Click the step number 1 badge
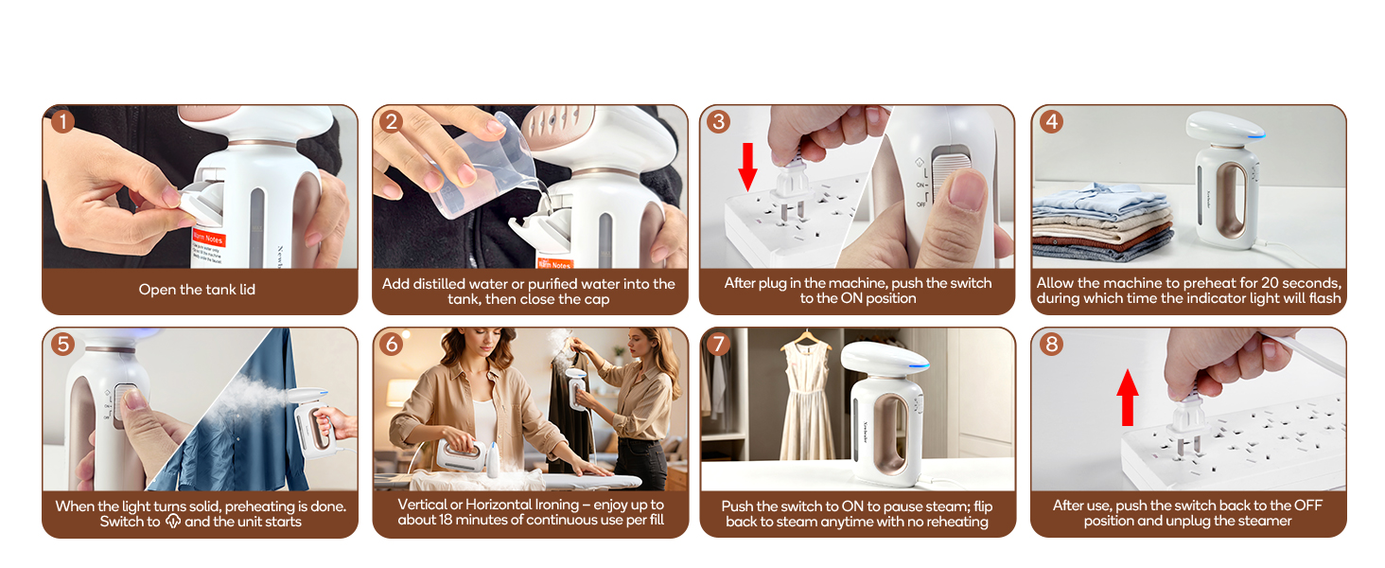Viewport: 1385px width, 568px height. point(62,121)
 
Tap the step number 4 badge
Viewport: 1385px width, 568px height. point(1051,121)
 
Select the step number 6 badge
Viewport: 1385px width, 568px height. point(393,345)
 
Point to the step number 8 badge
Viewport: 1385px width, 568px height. point(1051,345)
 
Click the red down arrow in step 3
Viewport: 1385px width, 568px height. point(747,167)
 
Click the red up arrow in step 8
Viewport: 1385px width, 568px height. point(1126,398)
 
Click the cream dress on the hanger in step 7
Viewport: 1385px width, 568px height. point(806,407)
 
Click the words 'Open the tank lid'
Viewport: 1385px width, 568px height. point(197,290)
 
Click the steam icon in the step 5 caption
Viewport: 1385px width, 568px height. point(171,522)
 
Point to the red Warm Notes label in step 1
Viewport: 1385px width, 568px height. point(209,239)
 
